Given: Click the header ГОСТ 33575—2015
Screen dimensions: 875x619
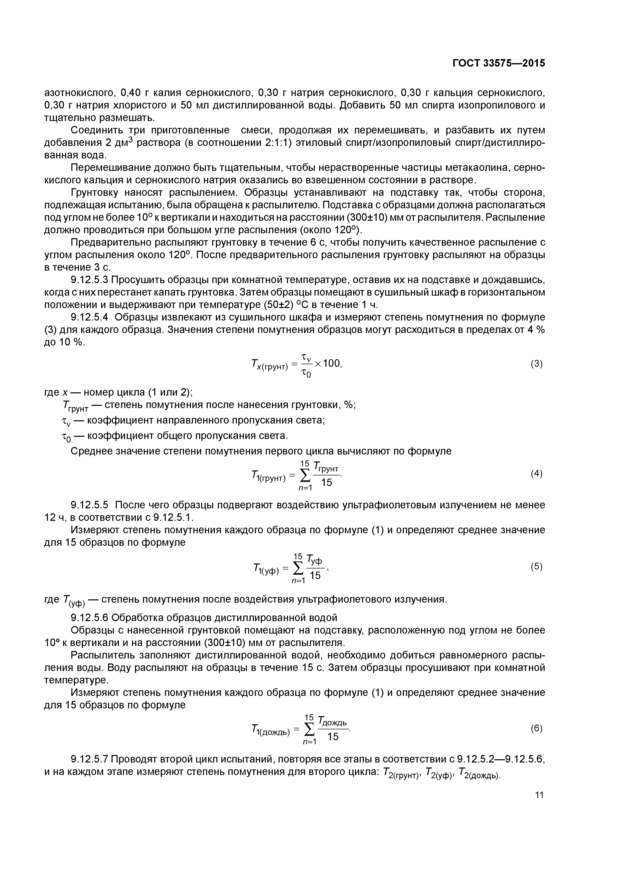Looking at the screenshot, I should click(x=498, y=63).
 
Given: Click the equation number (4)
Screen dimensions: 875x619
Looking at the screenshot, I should click(x=536, y=473).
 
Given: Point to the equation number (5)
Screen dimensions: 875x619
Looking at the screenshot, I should click(x=536, y=566).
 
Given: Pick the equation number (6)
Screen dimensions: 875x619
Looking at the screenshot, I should click(x=536, y=728).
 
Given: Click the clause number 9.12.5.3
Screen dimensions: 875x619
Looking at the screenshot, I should click(x=90, y=280).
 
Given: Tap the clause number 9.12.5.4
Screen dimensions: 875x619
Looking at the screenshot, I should click(x=90, y=317).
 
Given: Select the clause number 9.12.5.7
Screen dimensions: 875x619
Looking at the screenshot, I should click(x=90, y=759).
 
